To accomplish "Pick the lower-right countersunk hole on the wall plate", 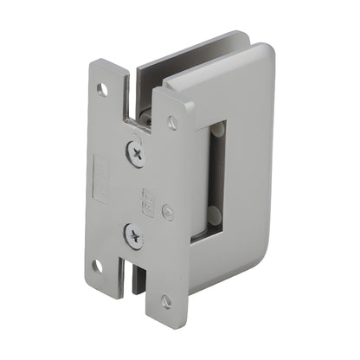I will point(165,300).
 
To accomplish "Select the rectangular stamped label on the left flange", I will point(100,176).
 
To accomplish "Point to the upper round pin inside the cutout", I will point(218,130).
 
